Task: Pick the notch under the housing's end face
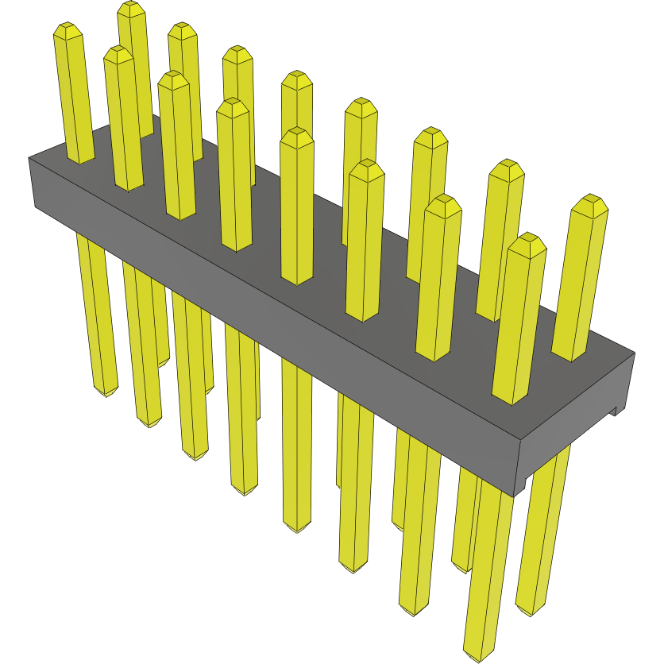tap(614, 411)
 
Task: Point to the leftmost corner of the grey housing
tap(29, 159)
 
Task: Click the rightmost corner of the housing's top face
tap(635, 352)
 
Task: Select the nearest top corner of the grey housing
tap(518, 440)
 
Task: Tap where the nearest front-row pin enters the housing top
tap(511, 399)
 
